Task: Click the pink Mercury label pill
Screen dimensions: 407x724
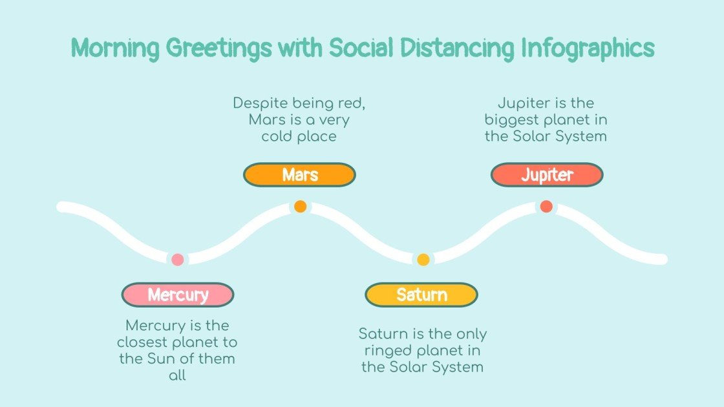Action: coord(178,295)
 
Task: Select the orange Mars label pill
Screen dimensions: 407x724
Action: coord(299,174)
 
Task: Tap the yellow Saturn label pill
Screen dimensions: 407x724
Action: coord(421,295)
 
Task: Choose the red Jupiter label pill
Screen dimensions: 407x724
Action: coord(547,174)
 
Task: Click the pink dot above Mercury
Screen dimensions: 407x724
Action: coord(178,260)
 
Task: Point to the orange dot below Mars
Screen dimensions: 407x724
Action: coord(300,207)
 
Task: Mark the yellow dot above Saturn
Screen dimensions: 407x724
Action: coord(423,260)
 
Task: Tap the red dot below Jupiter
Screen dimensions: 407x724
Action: coord(546,207)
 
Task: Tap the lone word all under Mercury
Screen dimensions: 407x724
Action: coord(177,375)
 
